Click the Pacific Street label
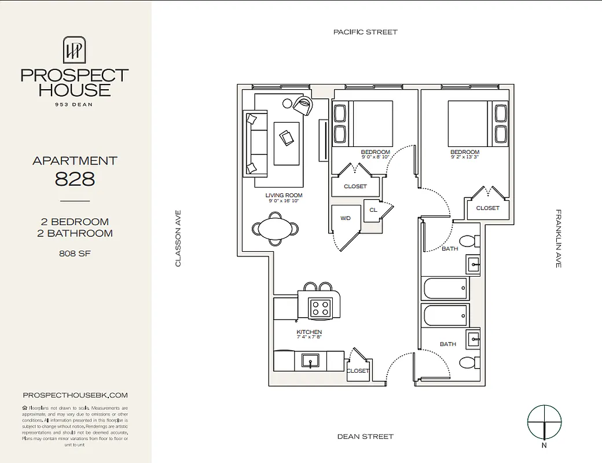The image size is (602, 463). point(365,32)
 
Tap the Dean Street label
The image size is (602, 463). point(365,436)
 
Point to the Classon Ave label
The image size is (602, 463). point(178,238)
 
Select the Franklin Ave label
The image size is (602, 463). point(559,238)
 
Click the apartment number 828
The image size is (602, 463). point(75,179)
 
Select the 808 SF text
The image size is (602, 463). point(75,253)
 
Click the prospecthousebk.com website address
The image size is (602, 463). point(75,395)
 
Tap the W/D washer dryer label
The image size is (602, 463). point(346,219)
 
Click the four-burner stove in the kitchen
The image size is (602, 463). point(319,307)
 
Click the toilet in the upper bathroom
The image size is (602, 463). point(467,241)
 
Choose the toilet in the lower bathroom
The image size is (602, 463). point(467,363)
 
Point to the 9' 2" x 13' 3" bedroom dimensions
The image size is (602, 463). point(465,157)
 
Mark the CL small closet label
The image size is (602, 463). point(373,210)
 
